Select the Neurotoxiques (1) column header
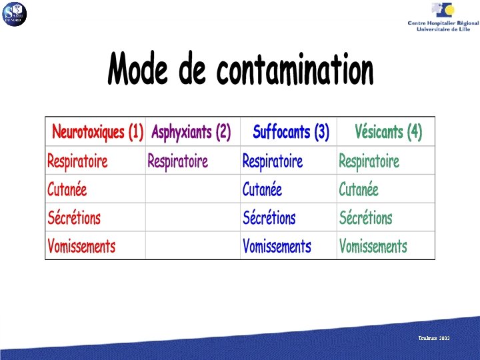[97, 132]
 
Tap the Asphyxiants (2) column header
[191, 132]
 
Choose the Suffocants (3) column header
[291, 132]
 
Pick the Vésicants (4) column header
[388, 132]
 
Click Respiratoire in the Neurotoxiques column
[77, 161]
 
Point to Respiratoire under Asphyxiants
[177, 161]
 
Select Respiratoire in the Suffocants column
[272, 161]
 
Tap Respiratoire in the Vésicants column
[369, 161]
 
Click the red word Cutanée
[67, 189]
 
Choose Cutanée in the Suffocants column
[262, 189]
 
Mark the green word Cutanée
[359, 189]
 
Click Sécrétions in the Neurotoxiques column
[73, 217]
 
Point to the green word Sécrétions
[365, 217]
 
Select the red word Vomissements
[81, 246]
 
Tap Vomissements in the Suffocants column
[277, 246]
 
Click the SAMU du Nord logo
[14, 13]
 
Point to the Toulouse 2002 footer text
[434, 339]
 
